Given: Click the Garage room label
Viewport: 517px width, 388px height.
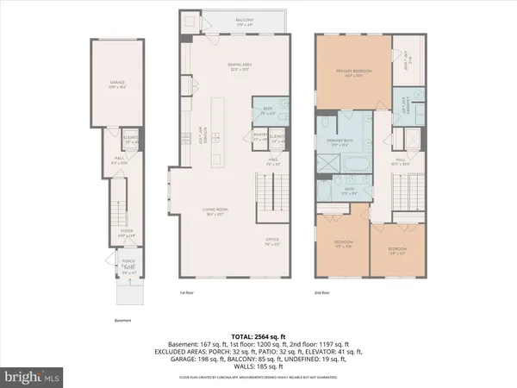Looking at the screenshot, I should coord(117,84).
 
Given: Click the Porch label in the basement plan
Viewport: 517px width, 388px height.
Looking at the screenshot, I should coord(128,264).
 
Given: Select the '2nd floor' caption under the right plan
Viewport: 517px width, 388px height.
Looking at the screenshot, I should coord(323,292).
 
